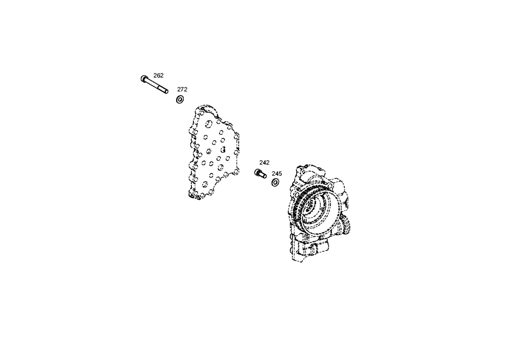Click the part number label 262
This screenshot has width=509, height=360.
158,75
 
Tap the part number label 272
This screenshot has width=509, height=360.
182,89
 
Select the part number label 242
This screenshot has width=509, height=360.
264,163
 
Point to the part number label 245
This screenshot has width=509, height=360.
277,174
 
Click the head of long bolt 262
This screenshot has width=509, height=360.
143,79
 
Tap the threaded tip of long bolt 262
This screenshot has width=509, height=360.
166,91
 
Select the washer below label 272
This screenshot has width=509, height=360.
180,100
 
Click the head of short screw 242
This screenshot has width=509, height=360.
257,172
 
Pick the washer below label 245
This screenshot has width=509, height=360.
275,182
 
